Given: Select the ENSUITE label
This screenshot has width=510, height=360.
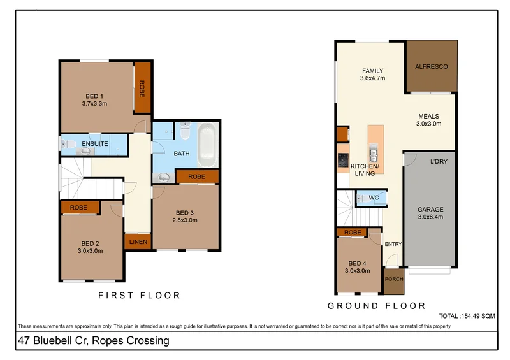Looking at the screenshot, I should pos(94,145).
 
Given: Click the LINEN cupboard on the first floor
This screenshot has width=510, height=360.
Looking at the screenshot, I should pos(138,242).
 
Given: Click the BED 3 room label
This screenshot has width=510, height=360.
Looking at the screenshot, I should pos(186,213).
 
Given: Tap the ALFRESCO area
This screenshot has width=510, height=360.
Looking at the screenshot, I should pos(431,66).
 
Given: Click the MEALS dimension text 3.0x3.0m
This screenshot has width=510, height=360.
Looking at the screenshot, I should pos(429,124).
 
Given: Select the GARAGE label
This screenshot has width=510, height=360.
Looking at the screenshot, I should pos(430,209).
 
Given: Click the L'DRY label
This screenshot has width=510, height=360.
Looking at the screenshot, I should pos(439,162).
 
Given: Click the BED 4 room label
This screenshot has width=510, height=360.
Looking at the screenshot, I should pos(358,263).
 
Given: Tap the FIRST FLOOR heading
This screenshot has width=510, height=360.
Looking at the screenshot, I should pos(139,295).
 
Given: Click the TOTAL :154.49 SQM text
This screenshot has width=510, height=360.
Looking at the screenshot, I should pos(467,316).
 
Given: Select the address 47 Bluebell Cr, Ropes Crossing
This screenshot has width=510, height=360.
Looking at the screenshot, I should pos(94,340).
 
